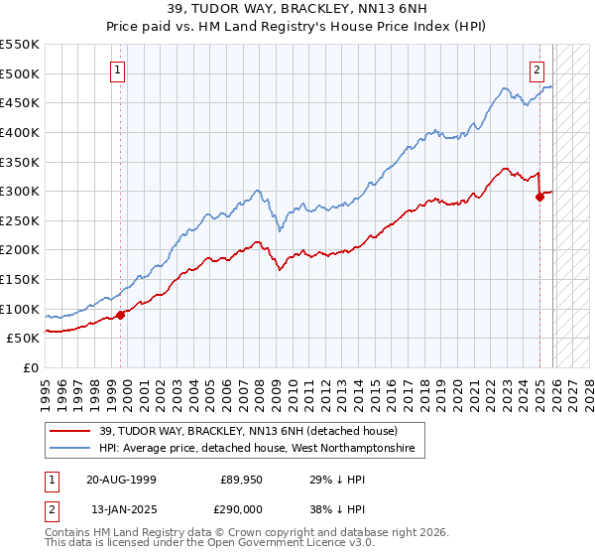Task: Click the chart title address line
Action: [x=297, y=8]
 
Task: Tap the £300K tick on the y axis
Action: [x=20, y=191]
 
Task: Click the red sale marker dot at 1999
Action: [x=121, y=315]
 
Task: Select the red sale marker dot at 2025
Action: [x=539, y=197]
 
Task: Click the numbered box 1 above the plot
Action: [x=118, y=69]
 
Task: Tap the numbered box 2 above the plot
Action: [x=536, y=69]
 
